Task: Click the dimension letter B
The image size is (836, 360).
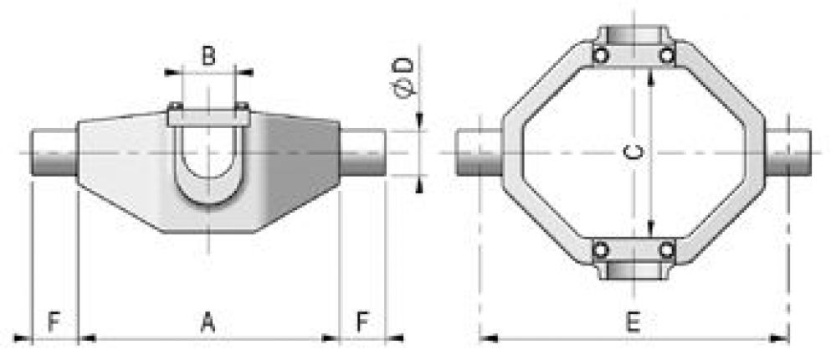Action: click(x=209, y=57)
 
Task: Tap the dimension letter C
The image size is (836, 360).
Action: click(x=635, y=152)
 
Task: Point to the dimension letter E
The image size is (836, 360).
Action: click(x=633, y=321)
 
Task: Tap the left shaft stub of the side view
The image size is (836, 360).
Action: click(x=54, y=152)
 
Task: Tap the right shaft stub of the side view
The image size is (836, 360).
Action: click(x=362, y=152)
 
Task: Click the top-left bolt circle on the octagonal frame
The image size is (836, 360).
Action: click(x=600, y=55)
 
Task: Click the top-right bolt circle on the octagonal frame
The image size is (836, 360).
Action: click(x=667, y=55)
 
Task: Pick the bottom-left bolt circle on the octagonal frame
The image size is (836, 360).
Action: click(x=600, y=249)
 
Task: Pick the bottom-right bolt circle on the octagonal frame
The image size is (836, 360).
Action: click(x=667, y=249)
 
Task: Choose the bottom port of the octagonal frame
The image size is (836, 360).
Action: click(x=633, y=270)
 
